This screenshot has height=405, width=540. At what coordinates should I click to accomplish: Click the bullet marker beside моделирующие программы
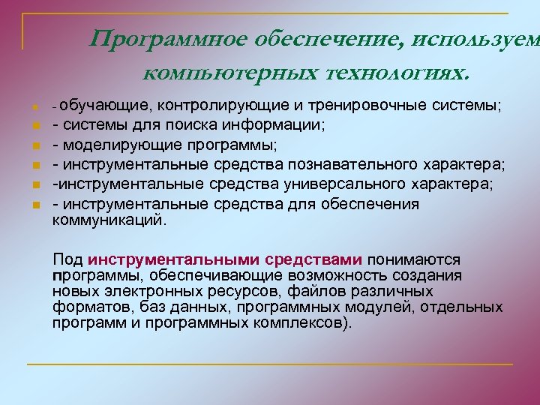(x=34, y=145)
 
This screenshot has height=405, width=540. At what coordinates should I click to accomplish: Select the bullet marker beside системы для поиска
(x=34, y=124)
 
